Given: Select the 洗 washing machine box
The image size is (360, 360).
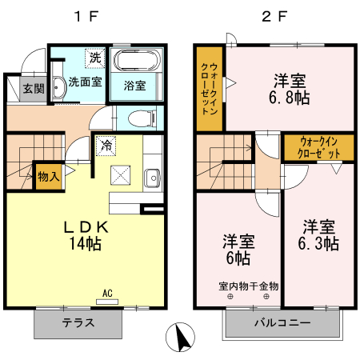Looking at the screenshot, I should pos(95,58).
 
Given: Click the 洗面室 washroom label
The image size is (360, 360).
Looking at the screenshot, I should pos(84,82).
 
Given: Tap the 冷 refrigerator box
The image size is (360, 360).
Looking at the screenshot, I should pos(106,146).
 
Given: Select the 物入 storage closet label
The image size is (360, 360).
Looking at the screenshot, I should pos(48,177).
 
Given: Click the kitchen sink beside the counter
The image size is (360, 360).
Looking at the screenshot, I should pos(152,178).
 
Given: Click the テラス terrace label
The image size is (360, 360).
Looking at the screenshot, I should pos(79,324).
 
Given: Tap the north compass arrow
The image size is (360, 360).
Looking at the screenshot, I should pos(182,337).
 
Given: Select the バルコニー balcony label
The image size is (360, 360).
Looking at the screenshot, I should pos(279,324).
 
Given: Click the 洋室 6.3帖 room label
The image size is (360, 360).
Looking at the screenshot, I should pos(319,234).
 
